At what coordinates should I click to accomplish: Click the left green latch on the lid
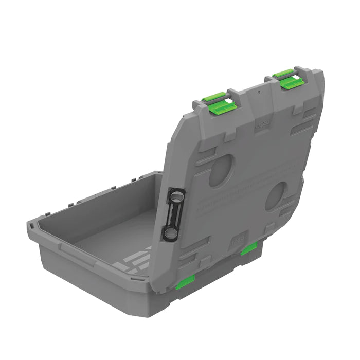tap(219, 103)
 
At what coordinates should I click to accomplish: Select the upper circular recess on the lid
tap(221, 170)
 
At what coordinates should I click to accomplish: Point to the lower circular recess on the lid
tap(276, 196)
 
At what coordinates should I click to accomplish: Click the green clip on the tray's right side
tap(249, 249)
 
